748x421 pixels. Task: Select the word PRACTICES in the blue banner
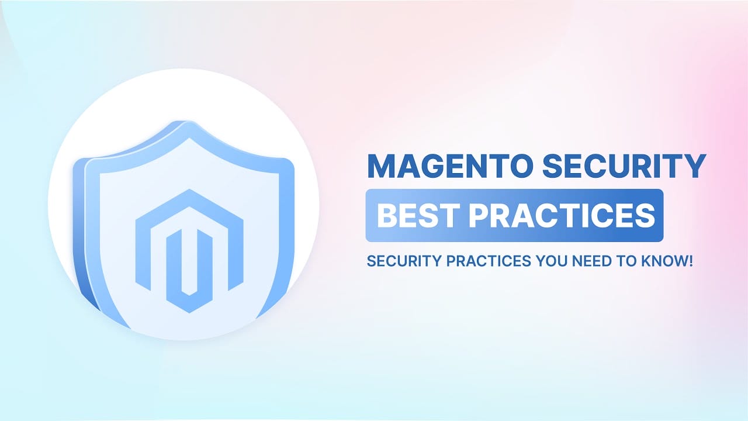click(x=562, y=216)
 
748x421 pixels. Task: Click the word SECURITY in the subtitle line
click(x=404, y=261)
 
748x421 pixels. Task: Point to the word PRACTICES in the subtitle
click(x=489, y=261)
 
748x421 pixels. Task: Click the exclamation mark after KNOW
click(x=691, y=261)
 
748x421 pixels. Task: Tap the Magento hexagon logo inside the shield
click(x=189, y=251)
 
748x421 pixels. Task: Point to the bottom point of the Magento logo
click(x=189, y=313)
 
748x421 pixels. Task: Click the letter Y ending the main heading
click(x=695, y=165)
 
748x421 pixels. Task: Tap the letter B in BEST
click(x=386, y=216)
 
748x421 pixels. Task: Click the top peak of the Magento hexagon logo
click(x=189, y=190)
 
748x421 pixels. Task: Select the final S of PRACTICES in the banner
click(x=646, y=216)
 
